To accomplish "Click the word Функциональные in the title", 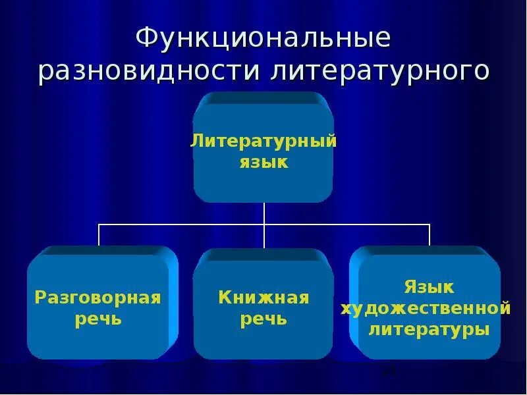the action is coord(263,38).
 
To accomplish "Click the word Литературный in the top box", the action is coord(263,140).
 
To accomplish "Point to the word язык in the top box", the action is coord(263,161).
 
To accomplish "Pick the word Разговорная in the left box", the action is coord(97,298).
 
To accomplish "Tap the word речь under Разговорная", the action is coord(97,319).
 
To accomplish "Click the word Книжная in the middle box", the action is coord(263,298).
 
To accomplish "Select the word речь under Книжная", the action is coord(263,319).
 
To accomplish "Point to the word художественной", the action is coord(426,308).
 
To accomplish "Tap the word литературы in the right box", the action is coord(428,329).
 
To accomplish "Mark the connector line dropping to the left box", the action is coord(99,235).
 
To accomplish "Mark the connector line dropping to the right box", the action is coord(430,235).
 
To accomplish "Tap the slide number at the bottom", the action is coord(390,372).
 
